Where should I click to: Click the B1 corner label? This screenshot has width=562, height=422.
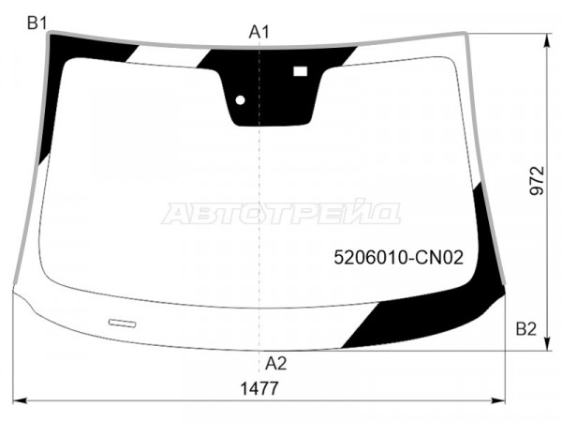pyautogui.click(x=37, y=23)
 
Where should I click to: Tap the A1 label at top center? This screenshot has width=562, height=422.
pyautogui.click(x=259, y=32)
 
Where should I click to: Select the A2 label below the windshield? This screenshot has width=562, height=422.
pyautogui.click(x=276, y=364)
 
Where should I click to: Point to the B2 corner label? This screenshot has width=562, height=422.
pyautogui.click(x=525, y=329)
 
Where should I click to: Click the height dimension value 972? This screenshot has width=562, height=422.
pyautogui.click(x=537, y=180)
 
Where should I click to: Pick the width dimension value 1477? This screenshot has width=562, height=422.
pyautogui.click(x=259, y=388)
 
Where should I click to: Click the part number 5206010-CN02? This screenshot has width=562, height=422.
pyautogui.click(x=399, y=257)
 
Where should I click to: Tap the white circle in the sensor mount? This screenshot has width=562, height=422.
pyautogui.click(x=240, y=100)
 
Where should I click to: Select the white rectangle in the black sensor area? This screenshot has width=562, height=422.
pyautogui.click(x=301, y=71)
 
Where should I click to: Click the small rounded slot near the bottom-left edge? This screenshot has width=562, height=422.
pyautogui.click(x=122, y=324)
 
